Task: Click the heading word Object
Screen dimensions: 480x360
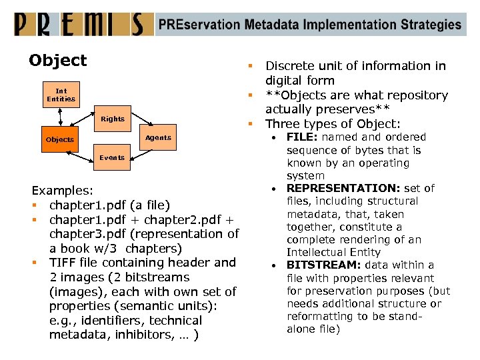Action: pyautogui.click(x=58, y=61)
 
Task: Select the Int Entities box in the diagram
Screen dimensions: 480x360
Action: pyautogui.click(x=61, y=95)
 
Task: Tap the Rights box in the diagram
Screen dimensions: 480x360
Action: pyautogui.click(x=113, y=119)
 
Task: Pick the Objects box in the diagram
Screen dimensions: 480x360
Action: pyautogui.click(x=60, y=140)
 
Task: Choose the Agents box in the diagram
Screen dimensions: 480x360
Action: pyautogui.click(x=158, y=138)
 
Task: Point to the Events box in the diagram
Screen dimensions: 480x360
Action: pyautogui.click(x=112, y=158)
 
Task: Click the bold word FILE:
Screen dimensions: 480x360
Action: pyautogui.click(x=301, y=137)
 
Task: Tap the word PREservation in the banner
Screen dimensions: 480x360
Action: pyautogui.click(x=197, y=25)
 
